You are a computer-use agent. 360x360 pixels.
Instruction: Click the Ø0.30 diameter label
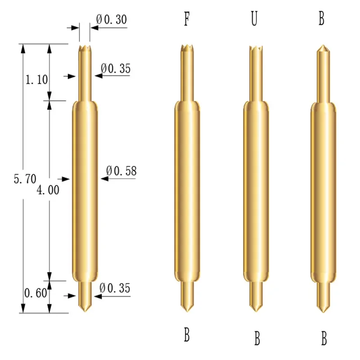coord(112,19)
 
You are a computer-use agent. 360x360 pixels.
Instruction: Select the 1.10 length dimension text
coord(36,80)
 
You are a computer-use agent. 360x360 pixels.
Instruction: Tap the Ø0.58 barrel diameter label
coord(121,171)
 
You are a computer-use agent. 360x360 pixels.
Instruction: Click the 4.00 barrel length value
coord(48,190)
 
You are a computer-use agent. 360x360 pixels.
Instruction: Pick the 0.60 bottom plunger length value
coord(35,293)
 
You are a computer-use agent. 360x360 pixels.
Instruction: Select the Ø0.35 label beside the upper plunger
coord(116,68)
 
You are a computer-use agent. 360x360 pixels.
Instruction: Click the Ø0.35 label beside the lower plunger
coord(115,288)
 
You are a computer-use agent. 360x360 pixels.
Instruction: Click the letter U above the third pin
coord(254,20)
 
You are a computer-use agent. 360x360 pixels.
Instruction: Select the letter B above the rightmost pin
coord(321,20)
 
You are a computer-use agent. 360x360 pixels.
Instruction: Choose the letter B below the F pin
coord(186,335)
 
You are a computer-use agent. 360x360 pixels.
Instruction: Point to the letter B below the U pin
coord(257,338)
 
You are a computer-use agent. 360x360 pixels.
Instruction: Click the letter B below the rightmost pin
coord(324,338)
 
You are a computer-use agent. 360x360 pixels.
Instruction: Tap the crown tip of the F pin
coord(185,47)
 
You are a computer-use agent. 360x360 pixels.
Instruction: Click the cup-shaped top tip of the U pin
coord(255,48)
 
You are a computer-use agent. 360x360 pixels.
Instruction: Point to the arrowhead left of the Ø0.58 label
coord(104,179)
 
